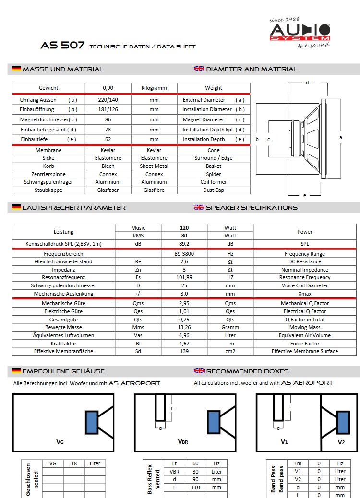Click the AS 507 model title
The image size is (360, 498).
[x=63, y=46]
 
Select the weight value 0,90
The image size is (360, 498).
[x=108, y=88]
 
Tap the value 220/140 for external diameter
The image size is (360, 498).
[x=108, y=100]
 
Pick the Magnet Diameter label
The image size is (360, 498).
[x=204, y=119]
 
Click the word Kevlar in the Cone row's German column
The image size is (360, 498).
[x=108, y=150]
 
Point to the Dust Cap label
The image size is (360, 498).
[x=214, y=190]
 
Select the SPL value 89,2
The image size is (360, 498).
[x=184, y=244]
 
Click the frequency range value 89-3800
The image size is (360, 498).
[x=184, y=254]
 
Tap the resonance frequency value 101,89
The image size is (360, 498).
[x=184, y=277]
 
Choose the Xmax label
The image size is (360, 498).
[x=305, y=294]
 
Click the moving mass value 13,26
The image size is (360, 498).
[x=184, y=327]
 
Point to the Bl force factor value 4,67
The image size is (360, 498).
[x=184, y=344]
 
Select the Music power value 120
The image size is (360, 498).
[x=184, y=228]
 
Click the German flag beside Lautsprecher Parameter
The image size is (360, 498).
[x=16, y=208]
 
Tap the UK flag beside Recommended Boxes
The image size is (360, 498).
[x=199, y=371]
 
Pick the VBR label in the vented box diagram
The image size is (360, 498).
[x=183, y=442]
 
